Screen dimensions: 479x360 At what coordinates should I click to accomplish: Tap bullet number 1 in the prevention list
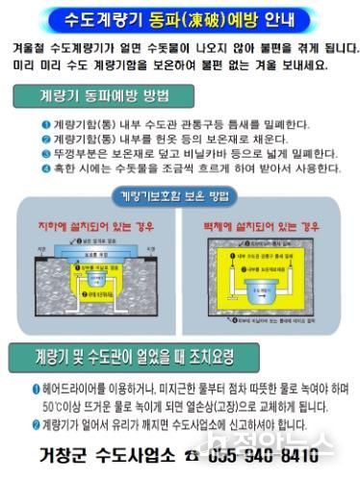pos(45,124)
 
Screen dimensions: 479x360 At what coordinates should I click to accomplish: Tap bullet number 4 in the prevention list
pos(45,168)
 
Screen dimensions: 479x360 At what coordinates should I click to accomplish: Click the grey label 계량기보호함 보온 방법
pos(179,197)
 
